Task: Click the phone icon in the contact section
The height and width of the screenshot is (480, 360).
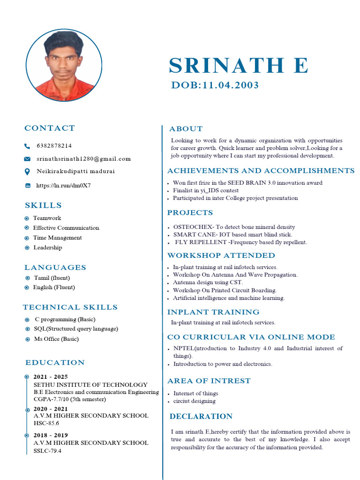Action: [27, 146]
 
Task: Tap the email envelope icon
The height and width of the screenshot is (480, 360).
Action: [27, 159]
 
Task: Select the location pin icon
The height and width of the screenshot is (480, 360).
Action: [27, 172]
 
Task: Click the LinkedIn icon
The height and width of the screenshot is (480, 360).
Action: [28, 186]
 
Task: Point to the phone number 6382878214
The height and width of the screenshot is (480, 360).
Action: [54, 146]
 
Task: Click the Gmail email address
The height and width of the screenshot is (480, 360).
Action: [84, 159]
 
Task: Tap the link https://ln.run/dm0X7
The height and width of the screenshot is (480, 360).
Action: [63, 186]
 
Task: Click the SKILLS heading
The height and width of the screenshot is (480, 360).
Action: [43, 205]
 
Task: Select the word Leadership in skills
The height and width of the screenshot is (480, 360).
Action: [48, 247]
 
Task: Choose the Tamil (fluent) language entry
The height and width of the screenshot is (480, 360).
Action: [52, 277]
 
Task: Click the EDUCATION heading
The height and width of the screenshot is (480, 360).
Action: [55, 362]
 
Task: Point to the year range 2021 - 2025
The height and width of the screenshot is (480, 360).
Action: [51, 377]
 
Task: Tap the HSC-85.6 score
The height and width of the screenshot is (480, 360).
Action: [46, 423]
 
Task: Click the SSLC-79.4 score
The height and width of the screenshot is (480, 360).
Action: [47, 451]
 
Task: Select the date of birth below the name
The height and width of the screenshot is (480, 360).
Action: [215, 85]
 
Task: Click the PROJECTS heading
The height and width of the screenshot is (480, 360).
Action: [190, 213]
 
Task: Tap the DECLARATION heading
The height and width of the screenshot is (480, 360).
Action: [201, 416]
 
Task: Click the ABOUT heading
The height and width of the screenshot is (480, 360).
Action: [186, 129]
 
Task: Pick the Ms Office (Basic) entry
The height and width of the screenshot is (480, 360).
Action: [56, 339]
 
